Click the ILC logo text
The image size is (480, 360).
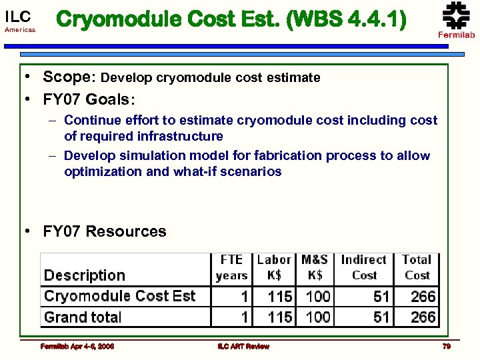click(17, 17)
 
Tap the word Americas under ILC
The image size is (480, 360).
click(20, 31)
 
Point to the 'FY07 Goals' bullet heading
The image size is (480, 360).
click(87, 99)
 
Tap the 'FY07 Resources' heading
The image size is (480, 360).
click(104, 231)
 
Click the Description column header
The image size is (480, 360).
click(84, 275)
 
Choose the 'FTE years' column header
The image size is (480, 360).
click(231, 267)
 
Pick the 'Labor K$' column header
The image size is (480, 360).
click(274, 267)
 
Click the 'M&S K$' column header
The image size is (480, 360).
click(315, 267)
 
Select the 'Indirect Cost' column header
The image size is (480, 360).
click(364, 267)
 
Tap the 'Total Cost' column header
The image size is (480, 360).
click(417, 267)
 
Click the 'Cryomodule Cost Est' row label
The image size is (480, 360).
click(119, 296)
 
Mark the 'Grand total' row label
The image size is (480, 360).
click(83, 317)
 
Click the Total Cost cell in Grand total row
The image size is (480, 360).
click(423, 317)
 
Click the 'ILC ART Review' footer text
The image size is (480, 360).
click(243, 346)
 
